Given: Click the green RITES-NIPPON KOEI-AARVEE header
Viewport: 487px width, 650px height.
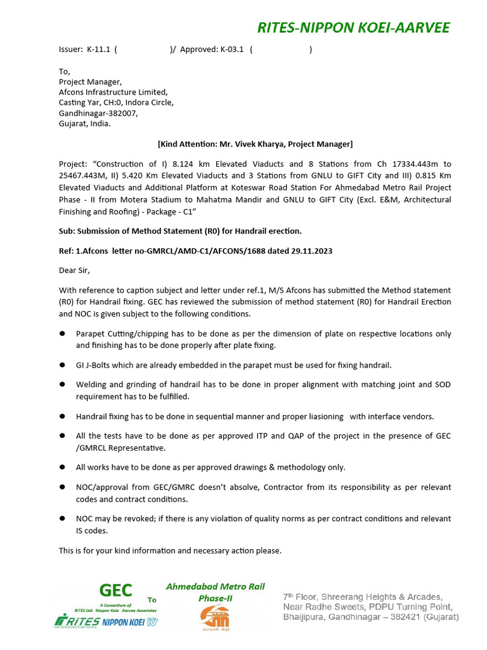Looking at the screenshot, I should click(x=353, y=27).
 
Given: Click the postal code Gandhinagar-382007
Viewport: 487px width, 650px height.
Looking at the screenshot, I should click(x=98, y=113).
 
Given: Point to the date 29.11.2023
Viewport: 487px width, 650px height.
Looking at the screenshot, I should click(x=309, y=251).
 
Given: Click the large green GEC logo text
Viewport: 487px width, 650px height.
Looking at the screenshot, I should click(x=116, y=590).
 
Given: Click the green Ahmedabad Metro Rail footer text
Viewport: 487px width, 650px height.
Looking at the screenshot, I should click(x=215, y=587).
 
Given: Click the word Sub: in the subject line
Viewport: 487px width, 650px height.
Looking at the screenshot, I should click(x=67, y=230).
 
